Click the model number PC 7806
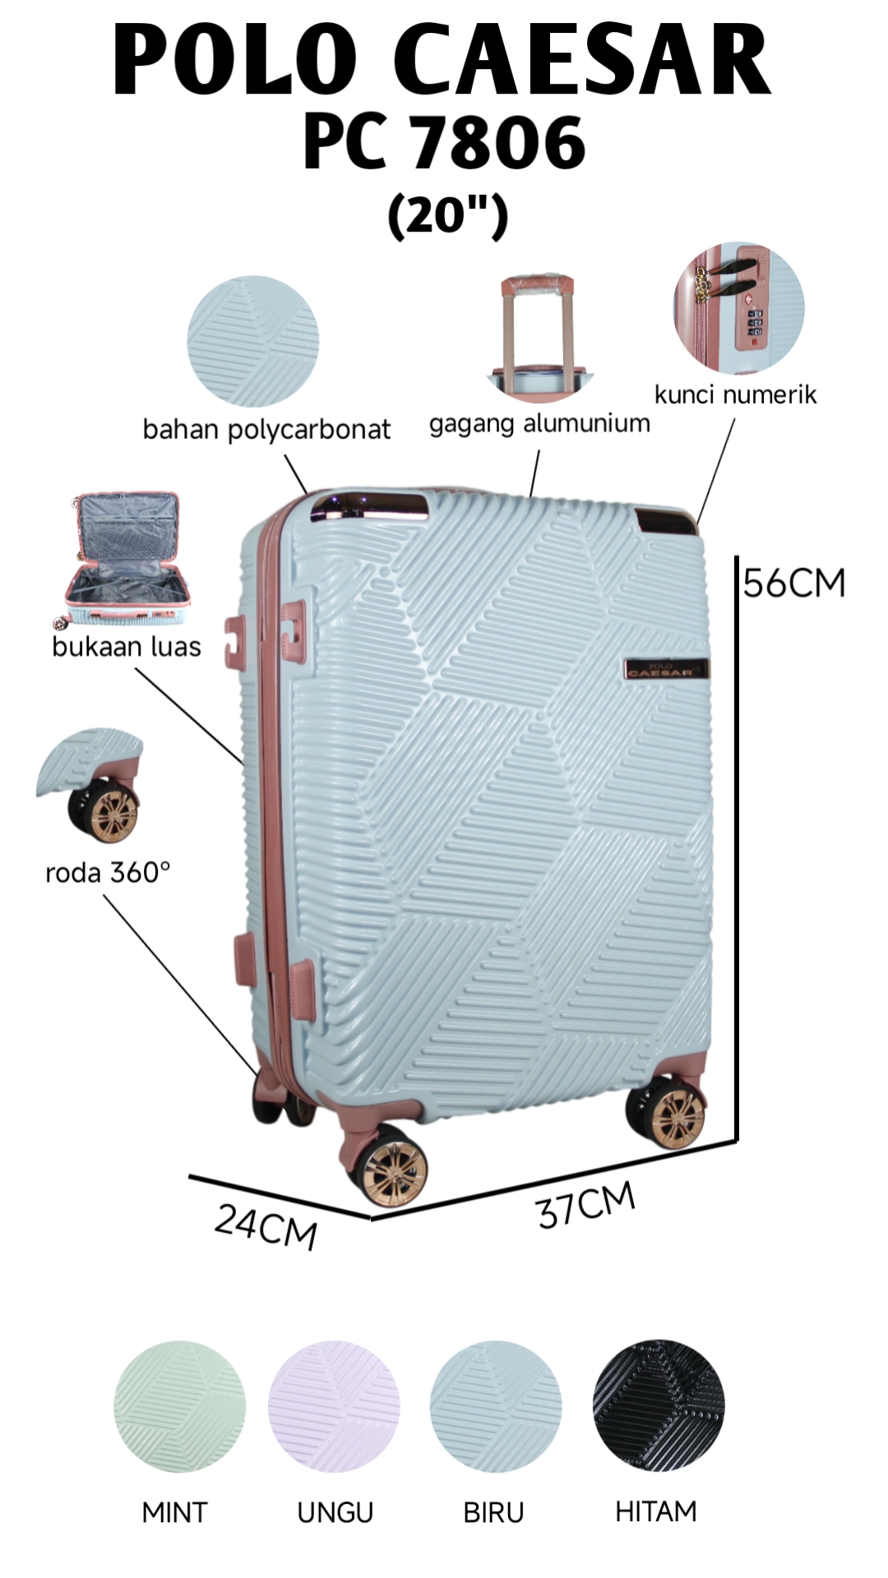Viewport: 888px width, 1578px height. point(444,141)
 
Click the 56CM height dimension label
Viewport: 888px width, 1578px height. point(794,584)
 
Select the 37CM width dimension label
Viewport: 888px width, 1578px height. point(586,1206)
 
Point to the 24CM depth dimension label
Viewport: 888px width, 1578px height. point(266,1227)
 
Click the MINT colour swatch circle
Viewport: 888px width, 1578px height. point(179,1406)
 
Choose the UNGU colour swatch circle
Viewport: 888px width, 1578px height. point(334,1406)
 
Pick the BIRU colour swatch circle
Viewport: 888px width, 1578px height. point(496,1406)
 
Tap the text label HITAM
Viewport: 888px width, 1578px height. point(655,1511)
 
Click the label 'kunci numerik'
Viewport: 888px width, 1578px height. point(735,394)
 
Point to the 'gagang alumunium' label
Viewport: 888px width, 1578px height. point(539,423)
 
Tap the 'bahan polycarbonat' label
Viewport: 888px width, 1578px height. point(266,429)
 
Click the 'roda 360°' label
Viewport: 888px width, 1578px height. point(108,872)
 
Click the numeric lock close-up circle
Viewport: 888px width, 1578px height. point(738,308)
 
